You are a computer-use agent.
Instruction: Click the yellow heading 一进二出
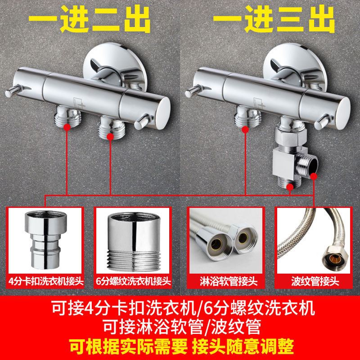tap(90, 19)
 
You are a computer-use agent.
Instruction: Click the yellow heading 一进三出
tap(274, 19)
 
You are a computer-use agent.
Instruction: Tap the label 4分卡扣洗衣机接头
tap(46, 281)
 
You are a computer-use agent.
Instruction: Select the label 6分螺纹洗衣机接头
tap(133, 281)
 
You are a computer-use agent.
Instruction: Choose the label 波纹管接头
tap(315, 282)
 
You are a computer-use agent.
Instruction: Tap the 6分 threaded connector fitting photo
tap(134, 242)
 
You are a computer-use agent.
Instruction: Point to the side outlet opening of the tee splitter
tap(313, 165)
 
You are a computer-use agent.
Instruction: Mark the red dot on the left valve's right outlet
tap(110, 137)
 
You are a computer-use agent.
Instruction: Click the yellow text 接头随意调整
tap(243, 346)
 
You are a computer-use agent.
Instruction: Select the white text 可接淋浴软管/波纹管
tap(182, 326)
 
